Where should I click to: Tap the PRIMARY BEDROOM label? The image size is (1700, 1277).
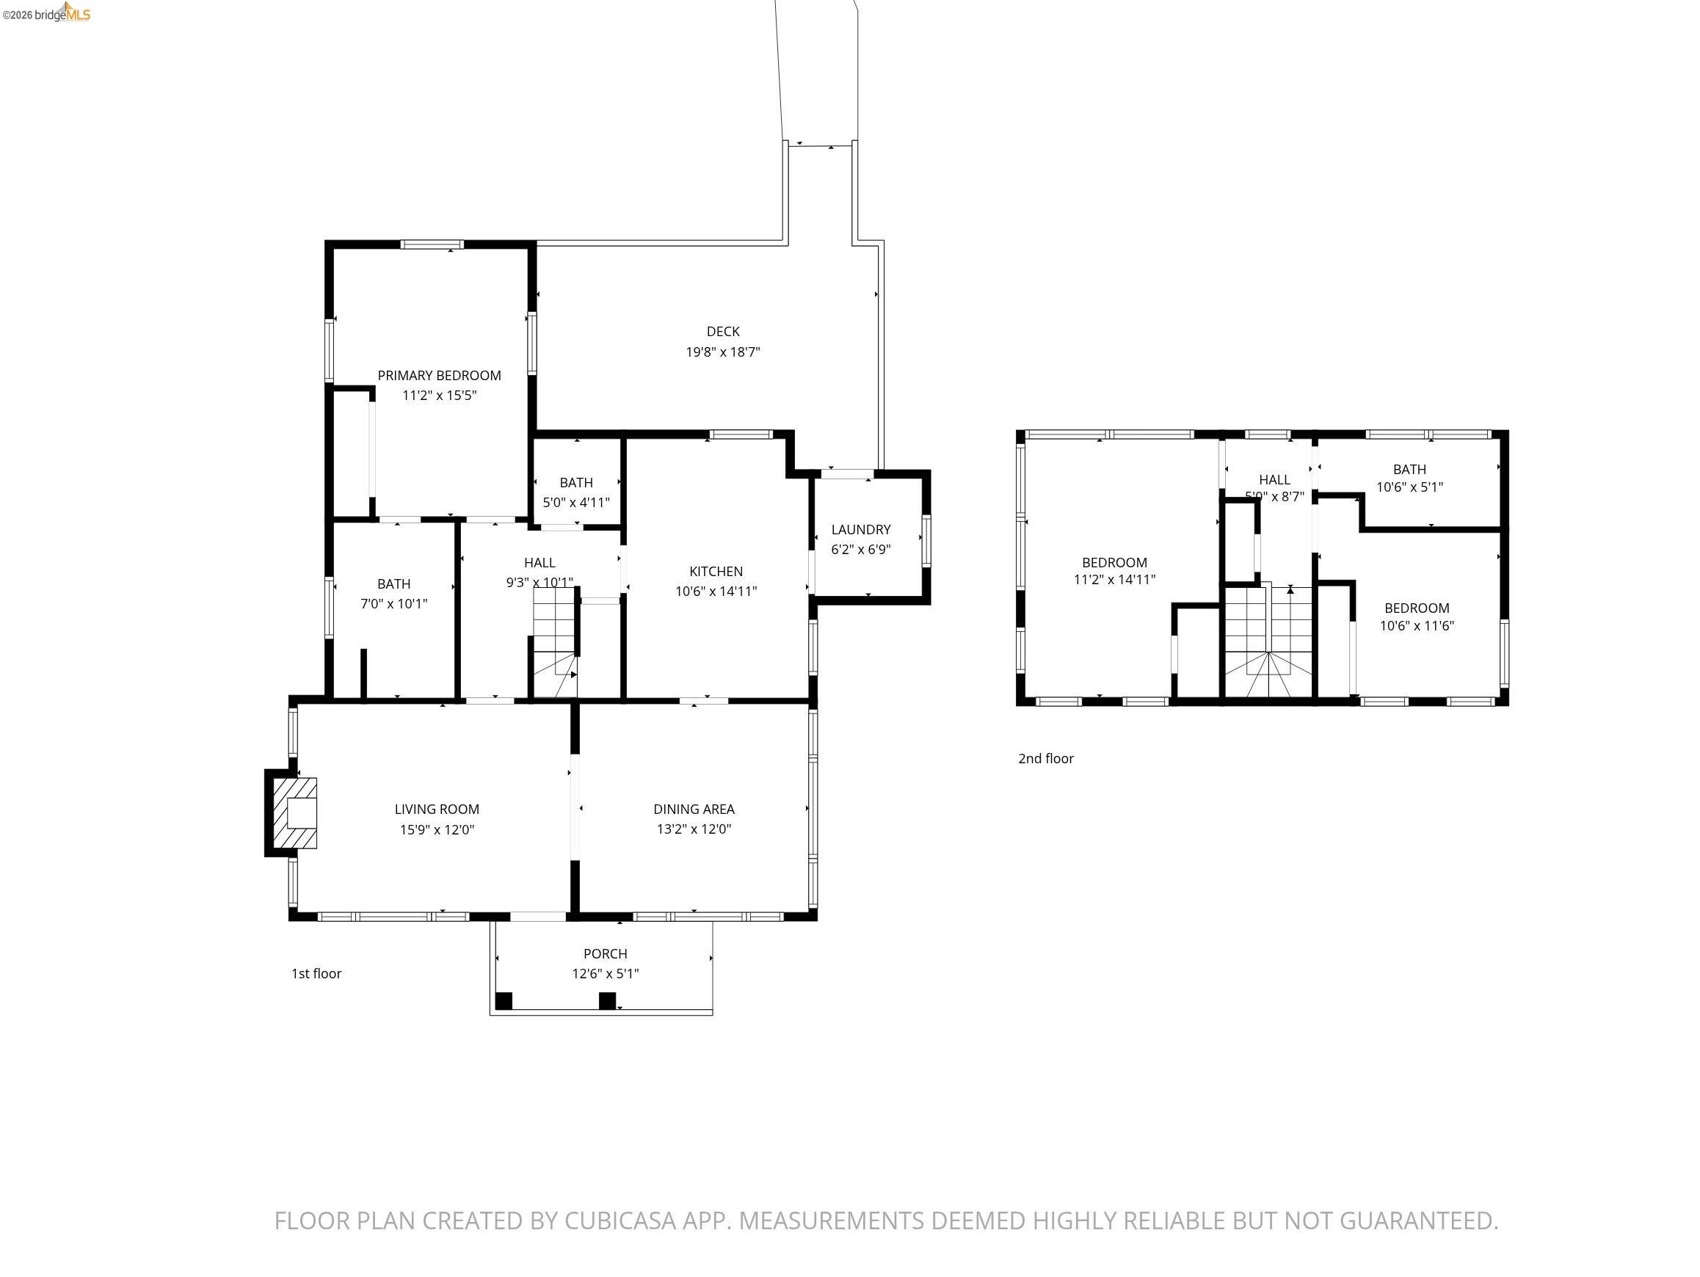click(439, 375)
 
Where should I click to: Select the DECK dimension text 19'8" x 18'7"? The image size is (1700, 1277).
click(722, 352)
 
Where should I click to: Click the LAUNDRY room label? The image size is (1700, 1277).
click(861, 529)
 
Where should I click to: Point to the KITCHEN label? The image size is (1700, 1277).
click(716, 571)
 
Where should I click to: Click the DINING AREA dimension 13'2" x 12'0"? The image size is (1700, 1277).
click(693, 829)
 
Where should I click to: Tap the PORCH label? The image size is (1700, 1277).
click(605, 953)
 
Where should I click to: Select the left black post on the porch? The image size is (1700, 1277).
click(504, 1000)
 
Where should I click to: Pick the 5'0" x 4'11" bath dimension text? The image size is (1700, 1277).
click(575, 503)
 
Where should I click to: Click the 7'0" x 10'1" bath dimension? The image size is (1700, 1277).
click(393, 603)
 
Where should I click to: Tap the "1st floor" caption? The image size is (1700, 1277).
click(316, 973)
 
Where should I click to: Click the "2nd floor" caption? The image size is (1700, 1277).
click(1045, 758)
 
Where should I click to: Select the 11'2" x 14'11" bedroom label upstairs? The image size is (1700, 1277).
click(1114, 579)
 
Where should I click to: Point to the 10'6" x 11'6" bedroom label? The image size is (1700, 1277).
click(1416, 625)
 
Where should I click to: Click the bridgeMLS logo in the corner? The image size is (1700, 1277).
click(47, 13)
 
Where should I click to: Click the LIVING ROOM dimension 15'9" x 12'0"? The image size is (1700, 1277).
click(437, 829)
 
